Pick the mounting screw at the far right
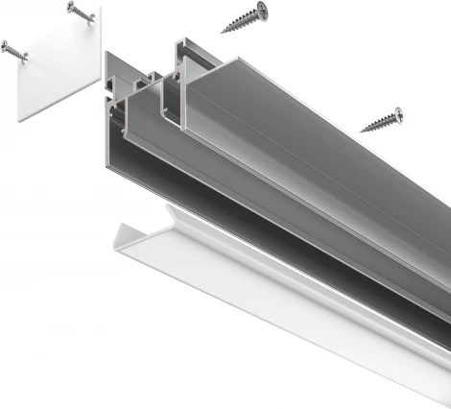382,121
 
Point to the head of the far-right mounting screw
396,115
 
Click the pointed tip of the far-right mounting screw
362,130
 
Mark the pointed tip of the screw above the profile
223,31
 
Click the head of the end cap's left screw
7,45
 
